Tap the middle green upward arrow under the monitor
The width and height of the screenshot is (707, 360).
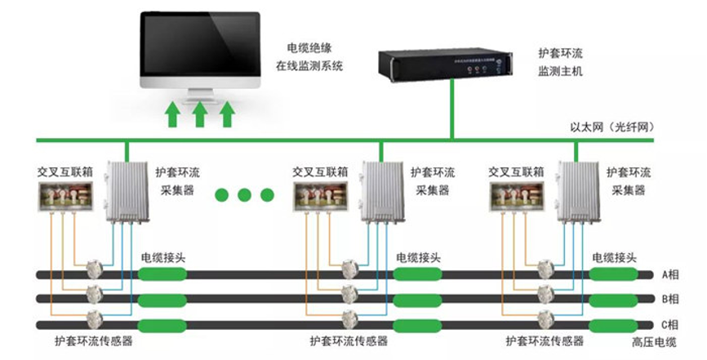pyautogui.click(x=199, y=113)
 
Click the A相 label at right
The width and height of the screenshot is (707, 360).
pyautogui.click(x=669, y=275)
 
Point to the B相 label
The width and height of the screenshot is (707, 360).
pyautogui.click(x=669, y=299)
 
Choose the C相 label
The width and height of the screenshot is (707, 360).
pyautogui.click(x=669, y=322)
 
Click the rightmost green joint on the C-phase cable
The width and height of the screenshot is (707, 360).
pyautogui.click(x=614, y=324)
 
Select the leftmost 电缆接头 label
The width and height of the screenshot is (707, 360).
pyautogui.click(x=164, y=256)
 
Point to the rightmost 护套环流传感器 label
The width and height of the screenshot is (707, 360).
pyautogui.click(x=545, y=340)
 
